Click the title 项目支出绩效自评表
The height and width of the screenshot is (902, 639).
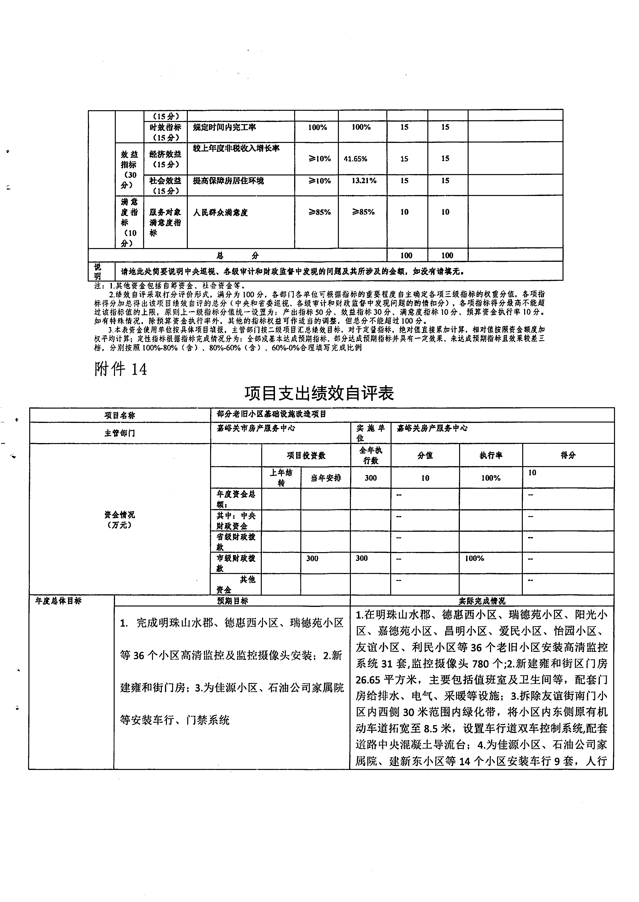[319, 393]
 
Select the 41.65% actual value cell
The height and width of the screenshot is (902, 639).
[356, 159]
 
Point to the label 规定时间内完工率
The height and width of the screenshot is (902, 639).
[224, 127]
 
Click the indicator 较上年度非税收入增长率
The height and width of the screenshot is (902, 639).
[236, 148]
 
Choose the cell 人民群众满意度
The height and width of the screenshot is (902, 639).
[220, 212]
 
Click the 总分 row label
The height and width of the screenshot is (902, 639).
[238, 255]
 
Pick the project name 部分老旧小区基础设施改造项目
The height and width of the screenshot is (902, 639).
[271, 414]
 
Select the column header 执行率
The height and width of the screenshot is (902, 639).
[491, 455]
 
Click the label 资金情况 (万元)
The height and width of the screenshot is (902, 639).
[120, 520]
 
